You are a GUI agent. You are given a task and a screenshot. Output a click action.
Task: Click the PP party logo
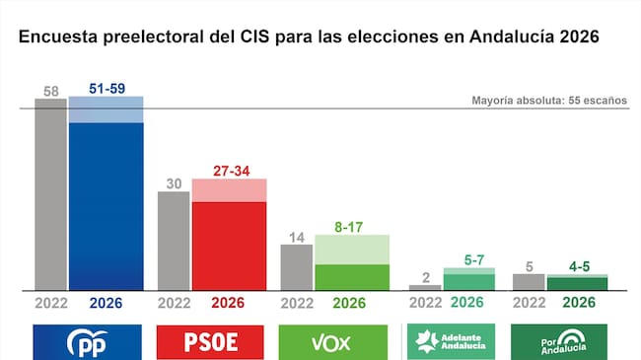[89, 342]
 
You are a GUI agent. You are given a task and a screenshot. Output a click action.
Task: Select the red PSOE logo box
[211, 342]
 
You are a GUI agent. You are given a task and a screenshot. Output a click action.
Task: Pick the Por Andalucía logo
[559, 342]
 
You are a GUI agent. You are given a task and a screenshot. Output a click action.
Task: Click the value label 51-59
[106, 89]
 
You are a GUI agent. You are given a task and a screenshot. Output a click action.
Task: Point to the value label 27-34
[229, 171]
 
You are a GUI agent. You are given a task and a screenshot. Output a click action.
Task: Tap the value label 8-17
[350, 227]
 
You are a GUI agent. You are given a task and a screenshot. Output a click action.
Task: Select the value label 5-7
[468, 260]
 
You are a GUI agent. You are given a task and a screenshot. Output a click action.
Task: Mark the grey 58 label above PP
[50, 91]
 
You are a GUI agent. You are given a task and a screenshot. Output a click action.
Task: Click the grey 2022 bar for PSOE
[174, 241]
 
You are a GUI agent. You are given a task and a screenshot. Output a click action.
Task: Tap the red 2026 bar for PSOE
[229, 246]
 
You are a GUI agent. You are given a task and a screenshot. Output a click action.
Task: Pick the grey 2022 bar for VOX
[297, 266]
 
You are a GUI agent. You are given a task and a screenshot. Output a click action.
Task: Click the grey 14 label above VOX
[296, 237]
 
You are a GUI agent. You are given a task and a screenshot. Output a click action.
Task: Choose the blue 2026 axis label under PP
[106, 303]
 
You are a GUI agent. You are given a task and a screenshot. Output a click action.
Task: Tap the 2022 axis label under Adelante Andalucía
[425, 303]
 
